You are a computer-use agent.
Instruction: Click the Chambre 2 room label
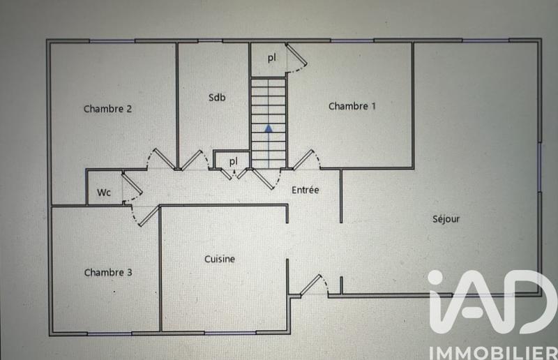(108, 109)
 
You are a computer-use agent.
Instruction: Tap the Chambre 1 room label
(352, 107)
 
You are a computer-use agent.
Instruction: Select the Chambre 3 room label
(108, 273)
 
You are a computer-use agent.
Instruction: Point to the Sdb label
(217, 98)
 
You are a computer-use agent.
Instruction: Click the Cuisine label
(220, 259)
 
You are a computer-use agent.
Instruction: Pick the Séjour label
(446, 219)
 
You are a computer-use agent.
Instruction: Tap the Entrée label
(305, 190)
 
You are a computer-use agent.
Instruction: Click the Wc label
(104, 192)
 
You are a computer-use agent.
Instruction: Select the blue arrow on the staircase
(269, 128)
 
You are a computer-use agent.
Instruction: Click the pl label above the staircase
(272, 59)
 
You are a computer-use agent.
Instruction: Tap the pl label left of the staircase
(234, 161)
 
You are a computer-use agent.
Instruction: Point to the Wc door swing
(131, 186)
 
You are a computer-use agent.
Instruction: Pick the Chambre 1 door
(306, 160)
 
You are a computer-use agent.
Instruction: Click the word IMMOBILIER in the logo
(488, 347)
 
